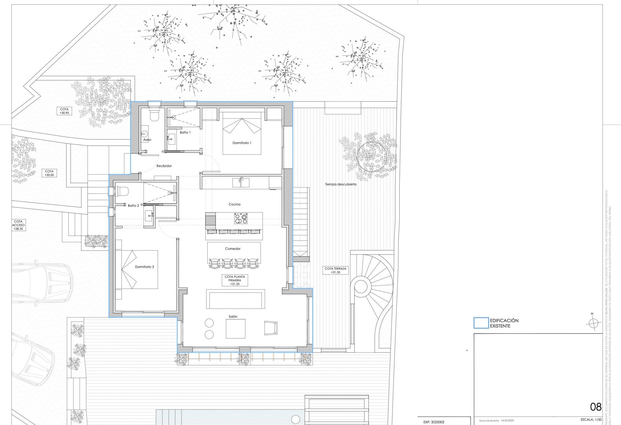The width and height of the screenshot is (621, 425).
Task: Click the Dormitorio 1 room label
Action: point(241,143)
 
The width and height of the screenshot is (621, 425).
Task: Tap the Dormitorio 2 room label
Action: point(144,267)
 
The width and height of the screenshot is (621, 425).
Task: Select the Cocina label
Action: point(234,204)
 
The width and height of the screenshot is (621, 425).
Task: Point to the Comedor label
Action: point(233,249)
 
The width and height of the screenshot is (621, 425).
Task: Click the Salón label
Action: point(233,316)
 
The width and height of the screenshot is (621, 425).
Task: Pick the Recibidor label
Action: point(164,166)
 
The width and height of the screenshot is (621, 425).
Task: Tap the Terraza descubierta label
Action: point(341,184)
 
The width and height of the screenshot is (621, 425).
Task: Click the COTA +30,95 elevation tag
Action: point(64,111)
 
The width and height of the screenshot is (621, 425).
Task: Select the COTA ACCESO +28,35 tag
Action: point(19,225)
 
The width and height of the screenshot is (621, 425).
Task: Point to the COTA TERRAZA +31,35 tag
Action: point(336,270)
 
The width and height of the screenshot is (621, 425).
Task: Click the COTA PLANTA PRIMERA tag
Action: point(235,280)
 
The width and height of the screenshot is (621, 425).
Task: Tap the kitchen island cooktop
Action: point(241,218)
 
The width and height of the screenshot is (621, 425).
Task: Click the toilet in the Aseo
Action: point(154,115)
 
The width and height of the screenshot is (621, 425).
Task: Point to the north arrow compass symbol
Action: point(591,323)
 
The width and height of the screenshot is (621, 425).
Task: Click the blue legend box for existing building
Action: point(481,323)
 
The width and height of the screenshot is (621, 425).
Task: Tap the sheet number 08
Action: point(595,407)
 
